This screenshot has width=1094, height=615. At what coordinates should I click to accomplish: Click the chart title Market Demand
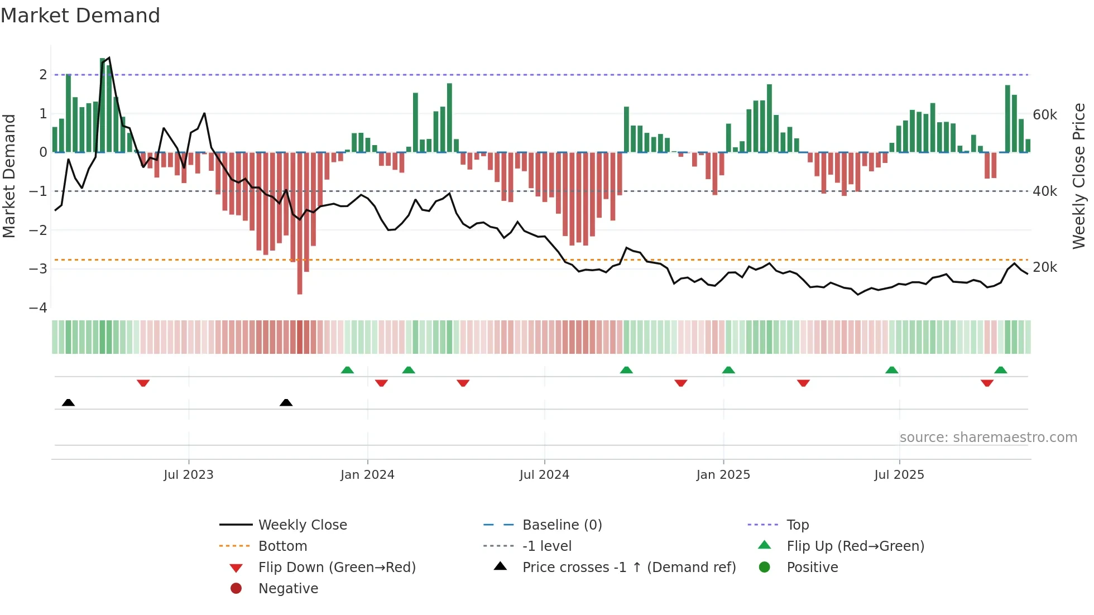click(x=80, y=16)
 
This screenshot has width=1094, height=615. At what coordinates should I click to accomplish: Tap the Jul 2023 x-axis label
click(x=188, y=475)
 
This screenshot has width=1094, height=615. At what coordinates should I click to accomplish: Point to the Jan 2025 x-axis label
click(x=723, y=475)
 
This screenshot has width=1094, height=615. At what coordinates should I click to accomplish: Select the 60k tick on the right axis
click(x=1044, y=115)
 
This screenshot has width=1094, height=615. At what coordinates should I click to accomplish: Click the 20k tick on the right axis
click(x=1044, y=267)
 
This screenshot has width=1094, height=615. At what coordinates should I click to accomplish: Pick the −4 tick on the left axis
click(x=38, y=308)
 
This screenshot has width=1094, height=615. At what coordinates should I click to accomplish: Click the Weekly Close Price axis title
click(x=1078, y=176)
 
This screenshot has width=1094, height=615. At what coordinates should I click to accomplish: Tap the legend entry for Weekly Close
click(x=302, y=525)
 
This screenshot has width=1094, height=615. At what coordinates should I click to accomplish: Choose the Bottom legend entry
click(x=282, y=546)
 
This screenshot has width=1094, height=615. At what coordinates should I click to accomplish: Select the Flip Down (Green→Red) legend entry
click(x=337, y=568)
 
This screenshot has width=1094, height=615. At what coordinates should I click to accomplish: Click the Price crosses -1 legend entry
click(x=628, y=568)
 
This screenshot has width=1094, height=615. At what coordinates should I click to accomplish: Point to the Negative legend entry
click(x=288, y=589)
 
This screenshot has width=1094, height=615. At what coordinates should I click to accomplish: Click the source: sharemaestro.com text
click(x=988, y=438)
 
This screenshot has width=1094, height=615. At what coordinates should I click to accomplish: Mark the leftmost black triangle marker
click(x=68, y=402)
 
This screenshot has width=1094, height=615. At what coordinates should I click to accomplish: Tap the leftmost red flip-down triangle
click(x=143, y=383)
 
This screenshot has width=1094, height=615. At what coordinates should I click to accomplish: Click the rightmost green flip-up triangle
click(x=1000, y=370)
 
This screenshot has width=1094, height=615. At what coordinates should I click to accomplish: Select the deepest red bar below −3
click(x=300, y=279)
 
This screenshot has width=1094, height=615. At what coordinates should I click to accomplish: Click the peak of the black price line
click(x=109, y=57)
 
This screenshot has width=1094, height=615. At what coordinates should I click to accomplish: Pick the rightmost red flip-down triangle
click(x=987, y=383)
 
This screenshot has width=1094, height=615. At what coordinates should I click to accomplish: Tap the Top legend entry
click(x=797, y=525)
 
